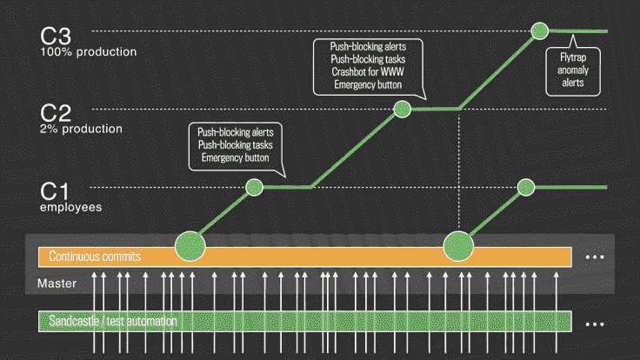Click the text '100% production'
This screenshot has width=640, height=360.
[x=89, y=52]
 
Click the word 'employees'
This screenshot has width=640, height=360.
[x=71, y=208]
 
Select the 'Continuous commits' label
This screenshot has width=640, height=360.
[x=95, y=257]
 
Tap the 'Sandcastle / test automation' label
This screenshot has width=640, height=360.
[x=113, y=322]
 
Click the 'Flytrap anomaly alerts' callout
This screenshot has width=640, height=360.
[x=570, y=71]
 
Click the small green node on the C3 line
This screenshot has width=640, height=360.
[x=540, y=30]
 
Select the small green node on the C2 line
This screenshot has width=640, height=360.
[x=402, y=109]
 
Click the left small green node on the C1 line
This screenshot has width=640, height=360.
[x=254, y=187]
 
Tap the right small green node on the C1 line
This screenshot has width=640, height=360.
[x=525, y=187]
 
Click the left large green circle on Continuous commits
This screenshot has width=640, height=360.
[x=190, y=246]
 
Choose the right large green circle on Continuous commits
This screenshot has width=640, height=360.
[x=458, y=246]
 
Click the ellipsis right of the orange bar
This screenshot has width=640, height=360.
[x=595, y=257]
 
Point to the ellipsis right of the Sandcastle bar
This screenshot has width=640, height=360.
[x=595, y=323]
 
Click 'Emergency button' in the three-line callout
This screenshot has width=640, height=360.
[x=236, y=158]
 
